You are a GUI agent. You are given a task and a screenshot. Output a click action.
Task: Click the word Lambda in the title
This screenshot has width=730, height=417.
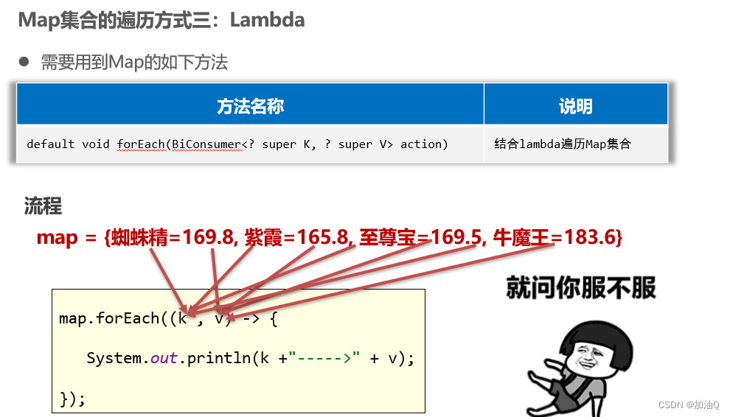pos(267,20)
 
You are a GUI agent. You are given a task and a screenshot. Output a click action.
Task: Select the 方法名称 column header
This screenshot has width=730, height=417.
pos(250,107)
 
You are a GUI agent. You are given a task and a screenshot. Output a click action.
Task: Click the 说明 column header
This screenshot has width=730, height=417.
pos(575,107)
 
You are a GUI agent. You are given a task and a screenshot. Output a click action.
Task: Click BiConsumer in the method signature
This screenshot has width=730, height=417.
pos(205,144)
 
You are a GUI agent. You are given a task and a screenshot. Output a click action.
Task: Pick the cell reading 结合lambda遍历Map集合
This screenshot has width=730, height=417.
pos(563,144)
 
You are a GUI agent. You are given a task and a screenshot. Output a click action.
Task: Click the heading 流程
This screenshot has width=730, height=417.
pos(43,206)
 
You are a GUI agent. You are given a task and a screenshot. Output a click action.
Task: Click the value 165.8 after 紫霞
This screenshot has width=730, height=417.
pos(321,238)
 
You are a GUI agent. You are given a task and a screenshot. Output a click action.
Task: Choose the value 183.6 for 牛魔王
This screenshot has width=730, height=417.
pos(594,238)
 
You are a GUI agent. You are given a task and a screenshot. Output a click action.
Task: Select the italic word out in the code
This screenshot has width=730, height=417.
pos(164,359)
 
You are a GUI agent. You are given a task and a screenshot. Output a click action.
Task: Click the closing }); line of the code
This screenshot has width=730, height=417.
pos(72,399)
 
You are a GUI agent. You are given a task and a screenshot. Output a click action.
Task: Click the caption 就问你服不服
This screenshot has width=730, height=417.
pos(581,287)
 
